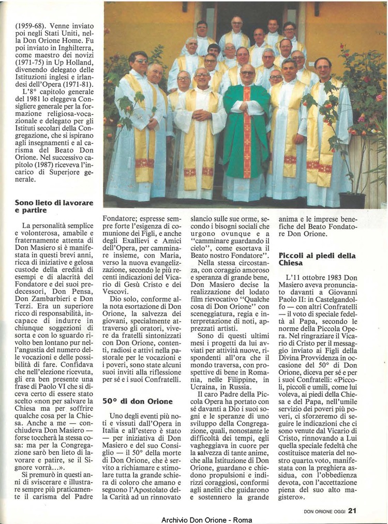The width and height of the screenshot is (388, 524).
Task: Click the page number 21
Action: pos(352,511)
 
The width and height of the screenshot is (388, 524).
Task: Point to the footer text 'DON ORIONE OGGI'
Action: pos(324,511)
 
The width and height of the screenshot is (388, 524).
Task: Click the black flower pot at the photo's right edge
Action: pos(352,200)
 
